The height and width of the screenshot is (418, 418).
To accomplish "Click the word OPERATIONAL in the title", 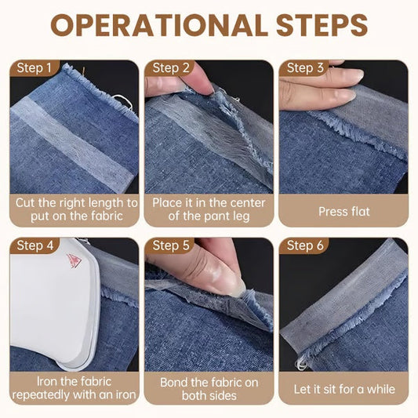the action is click(x=159, y=25).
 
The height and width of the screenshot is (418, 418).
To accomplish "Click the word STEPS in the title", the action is click(x=322, y=25).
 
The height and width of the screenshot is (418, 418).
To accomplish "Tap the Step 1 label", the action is click(x=34, y=68).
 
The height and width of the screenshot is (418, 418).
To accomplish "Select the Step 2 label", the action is click(x=171, y=68).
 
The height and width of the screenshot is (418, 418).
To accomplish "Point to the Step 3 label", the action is click(x=305, y=68).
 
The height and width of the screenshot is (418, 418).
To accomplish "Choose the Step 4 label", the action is click(x=35, y=245).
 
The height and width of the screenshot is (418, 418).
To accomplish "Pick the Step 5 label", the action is click(x=171, y=245).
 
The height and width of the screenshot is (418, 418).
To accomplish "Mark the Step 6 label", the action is click(x=305, y=245).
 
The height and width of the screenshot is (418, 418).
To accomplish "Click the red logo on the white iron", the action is click(x=74, y=261).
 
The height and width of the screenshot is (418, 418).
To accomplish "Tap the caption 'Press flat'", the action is click(x=344, y=212).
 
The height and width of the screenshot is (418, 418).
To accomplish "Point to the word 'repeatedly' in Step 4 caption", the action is click(x=41, y=395).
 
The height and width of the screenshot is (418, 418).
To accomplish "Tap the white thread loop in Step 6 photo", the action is click(x=300, y=364).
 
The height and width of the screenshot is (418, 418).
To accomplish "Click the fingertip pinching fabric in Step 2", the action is click(x=201, y=83).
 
